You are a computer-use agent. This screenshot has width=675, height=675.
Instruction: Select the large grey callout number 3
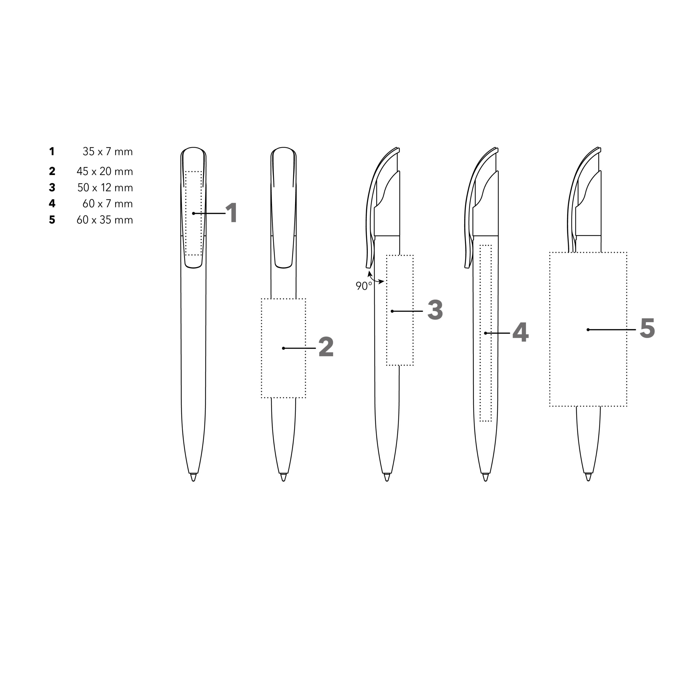[435, 310]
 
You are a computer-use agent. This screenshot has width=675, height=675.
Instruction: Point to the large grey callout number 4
[520, 332]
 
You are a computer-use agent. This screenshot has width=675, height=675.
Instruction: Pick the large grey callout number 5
[647, 329]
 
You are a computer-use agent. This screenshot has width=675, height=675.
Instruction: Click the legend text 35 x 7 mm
[108, 152]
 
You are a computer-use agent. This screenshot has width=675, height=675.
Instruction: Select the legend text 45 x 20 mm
[105, 172]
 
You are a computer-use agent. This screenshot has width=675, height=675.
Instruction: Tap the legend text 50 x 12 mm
[105, 188]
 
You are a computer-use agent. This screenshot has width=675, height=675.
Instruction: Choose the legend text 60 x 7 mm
[108, 204]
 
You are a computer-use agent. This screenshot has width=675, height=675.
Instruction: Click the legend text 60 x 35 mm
[105, 220]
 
